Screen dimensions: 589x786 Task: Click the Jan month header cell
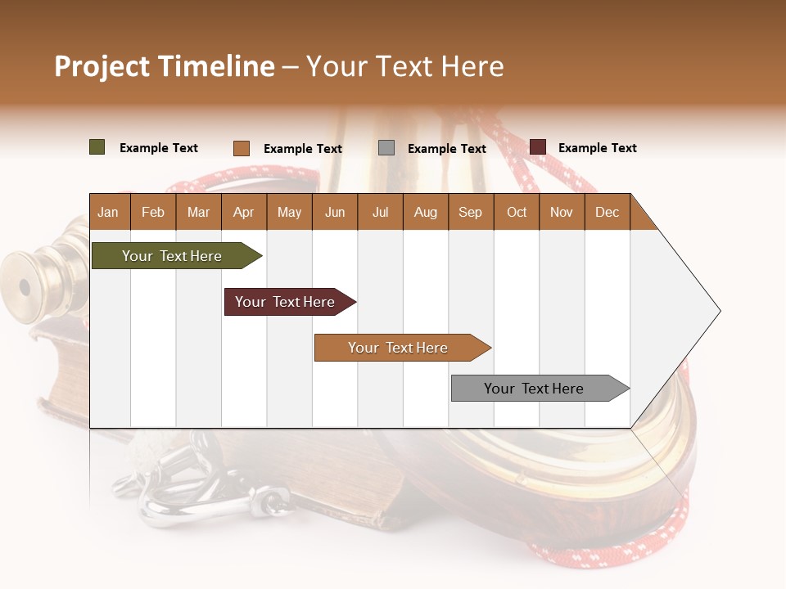(x=108, y=212)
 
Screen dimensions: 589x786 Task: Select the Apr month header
(x=243, y=212)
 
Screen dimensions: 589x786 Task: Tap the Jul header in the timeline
(x=380, y=212)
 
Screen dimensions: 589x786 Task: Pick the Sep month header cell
(x=470, y=212)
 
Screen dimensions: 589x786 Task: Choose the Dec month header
(x=607, y=212)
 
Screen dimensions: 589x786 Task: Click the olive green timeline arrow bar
(x=172, y=256)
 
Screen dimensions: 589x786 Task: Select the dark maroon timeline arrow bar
(x=285, y=302)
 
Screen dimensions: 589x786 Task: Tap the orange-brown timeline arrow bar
(x=398, y=348)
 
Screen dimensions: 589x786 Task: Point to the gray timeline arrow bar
(x=534, y=389)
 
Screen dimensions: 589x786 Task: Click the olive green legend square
(x=97, y=147)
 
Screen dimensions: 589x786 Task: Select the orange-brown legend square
(x=241, y=148)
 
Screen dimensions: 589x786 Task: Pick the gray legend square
(x=386, y=148)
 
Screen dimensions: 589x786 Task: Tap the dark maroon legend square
(x=537, y=147)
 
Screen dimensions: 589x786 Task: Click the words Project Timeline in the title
(x=164, y=66)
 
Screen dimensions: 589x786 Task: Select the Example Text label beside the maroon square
(x=597, y=148)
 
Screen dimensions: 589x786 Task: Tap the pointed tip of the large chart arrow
(x=718, y=311)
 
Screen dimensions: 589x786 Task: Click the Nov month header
(x=561, y=212)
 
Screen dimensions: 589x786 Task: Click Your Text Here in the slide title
(x=404, y=66)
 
